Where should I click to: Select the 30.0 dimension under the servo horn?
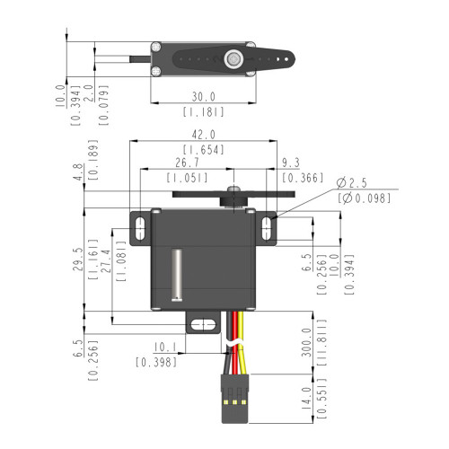click(204, 96)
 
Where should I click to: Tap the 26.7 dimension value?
click(187, 163)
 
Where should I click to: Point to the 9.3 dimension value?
click(291, 163)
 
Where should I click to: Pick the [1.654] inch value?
click(204, 149)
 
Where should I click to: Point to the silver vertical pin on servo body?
click(178, 273)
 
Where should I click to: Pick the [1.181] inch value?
click(204, 112)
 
